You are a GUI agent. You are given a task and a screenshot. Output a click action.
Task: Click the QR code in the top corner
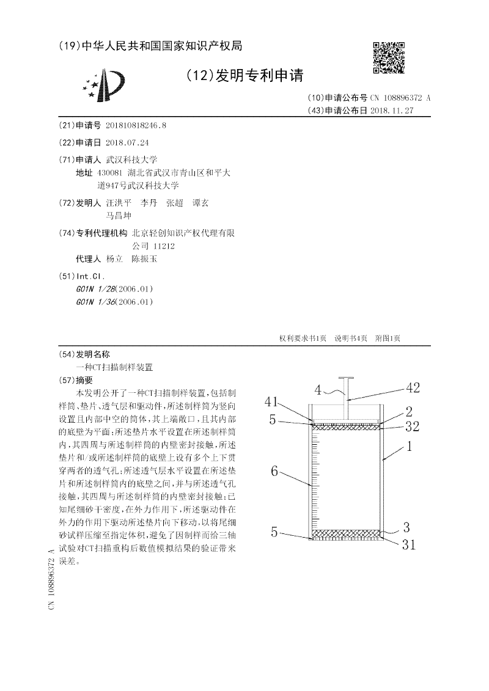pos(389,57)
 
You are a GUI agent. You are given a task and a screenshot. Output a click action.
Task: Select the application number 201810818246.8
pos(136,125)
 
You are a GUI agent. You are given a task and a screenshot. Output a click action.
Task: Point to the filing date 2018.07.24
pos(127,142)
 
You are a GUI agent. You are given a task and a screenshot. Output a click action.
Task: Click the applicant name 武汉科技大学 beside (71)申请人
pos(131,159)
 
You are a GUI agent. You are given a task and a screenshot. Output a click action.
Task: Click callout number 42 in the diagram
pos(413,387)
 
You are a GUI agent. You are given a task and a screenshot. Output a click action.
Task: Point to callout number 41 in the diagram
pos(272,401)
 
